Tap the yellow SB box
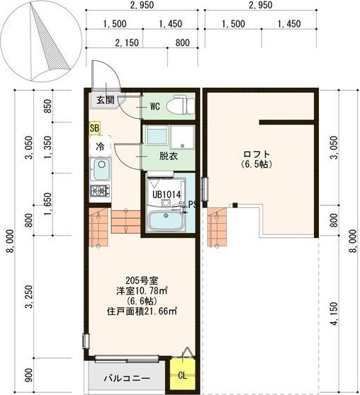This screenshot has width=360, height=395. click(94, 128)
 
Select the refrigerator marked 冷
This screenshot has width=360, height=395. click(100, 146)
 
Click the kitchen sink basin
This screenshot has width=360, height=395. click(101, 168)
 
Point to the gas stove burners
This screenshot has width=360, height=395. click(101, 190)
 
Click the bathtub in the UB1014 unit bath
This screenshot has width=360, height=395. click(166, 220)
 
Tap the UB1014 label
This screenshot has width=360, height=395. click(167, 194)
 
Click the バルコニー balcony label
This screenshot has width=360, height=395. click(128, 378)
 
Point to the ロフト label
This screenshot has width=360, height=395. click(257, 154)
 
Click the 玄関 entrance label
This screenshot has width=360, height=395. click(106, 101)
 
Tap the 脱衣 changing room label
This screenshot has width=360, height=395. click(168, 156)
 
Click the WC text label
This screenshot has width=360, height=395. click(155, 106)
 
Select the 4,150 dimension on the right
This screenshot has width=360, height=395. click(334, 314)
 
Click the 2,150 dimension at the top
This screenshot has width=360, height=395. click(127, 42)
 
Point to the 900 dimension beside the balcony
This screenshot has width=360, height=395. click(29, 375)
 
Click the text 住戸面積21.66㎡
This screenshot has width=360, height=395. click(142, 311)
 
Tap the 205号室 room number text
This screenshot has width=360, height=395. click(142, 280)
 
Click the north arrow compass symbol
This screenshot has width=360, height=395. click(41, 41)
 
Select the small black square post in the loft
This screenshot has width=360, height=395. click(235, 205)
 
